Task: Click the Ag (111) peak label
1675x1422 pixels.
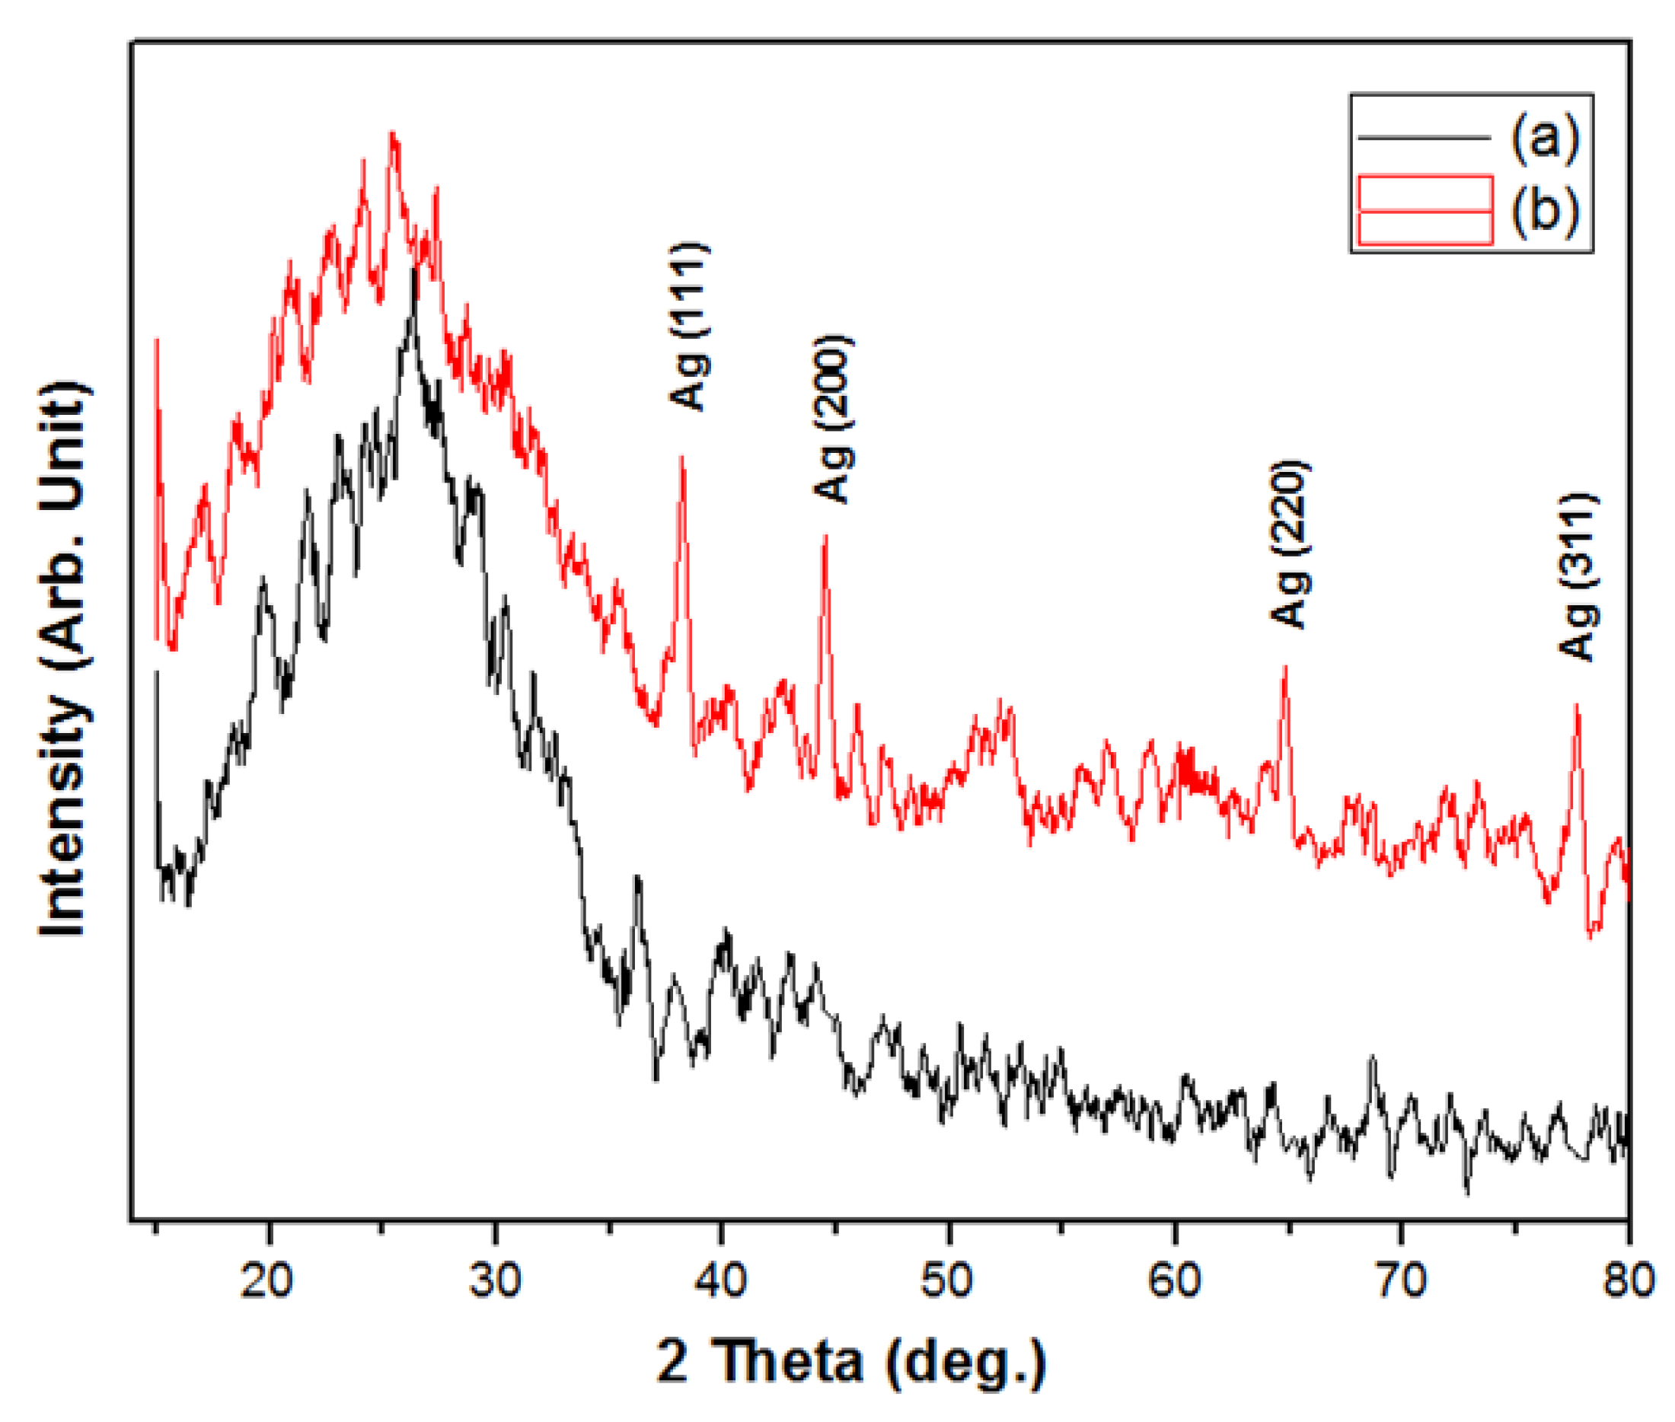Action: click(689, 326)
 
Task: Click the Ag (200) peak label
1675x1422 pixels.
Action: click(832, 419)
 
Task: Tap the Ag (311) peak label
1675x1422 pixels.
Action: click(1578, 575)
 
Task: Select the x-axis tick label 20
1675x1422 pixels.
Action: click(267, 1280)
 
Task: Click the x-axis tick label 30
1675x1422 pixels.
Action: click(495, 1280)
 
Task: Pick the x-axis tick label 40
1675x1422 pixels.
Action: click(720, 1280)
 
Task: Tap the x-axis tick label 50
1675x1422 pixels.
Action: click(948, 1280)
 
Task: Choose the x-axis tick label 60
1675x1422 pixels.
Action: click(1175, 1280)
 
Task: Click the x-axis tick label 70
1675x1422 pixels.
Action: click(1401, 1280)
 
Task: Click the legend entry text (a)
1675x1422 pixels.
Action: click(1543, 138)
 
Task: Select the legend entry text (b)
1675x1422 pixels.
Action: click(1543, 210)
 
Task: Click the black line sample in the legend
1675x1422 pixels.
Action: click(1424, 138)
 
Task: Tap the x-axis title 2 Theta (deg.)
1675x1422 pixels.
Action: click(850, 1361)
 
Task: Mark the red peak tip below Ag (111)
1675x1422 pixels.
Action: click(682, 457)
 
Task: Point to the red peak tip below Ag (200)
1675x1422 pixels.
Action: click(825, 536)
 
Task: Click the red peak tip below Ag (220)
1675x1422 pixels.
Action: click(1285, 667)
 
